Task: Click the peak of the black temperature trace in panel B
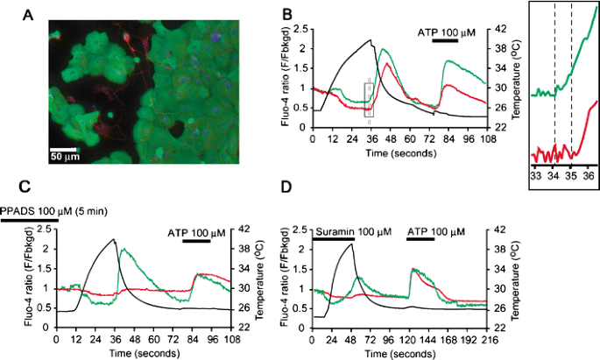pos(371,40)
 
